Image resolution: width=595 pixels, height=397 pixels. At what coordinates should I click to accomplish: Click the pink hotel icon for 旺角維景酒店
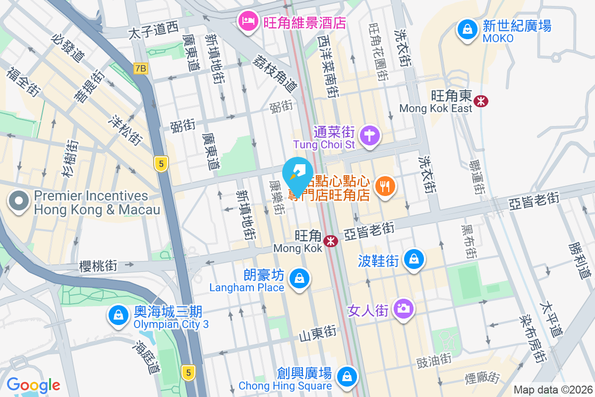pyautogui.click(x=247, y=21)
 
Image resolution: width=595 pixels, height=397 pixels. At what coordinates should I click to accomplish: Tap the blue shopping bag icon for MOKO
pyautogui.click(x=467, y=28)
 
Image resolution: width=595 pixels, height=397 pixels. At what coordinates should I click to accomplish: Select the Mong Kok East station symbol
pyautogui.click(x=480, y=101)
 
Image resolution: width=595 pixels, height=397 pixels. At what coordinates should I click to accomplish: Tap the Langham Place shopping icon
pyautogui.click(x=299, y=278)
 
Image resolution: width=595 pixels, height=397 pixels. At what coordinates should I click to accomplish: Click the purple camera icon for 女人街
pyautogui.click(x=404, y=308)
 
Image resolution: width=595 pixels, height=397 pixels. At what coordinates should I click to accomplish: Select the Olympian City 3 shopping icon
pyautogui.click(x=118, y=315)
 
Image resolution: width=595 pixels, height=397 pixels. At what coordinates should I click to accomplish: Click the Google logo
pyautogui.click(x=33, y=385)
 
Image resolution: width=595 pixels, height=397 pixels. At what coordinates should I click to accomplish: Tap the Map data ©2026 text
pyautogui.click(x=552, y=390)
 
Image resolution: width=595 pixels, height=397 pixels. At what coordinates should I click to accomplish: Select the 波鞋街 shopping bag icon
pyautogui.click(x=413, y=259)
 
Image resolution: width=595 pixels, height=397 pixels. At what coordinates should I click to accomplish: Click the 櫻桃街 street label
pyautogui.click(x=98, y=266)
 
